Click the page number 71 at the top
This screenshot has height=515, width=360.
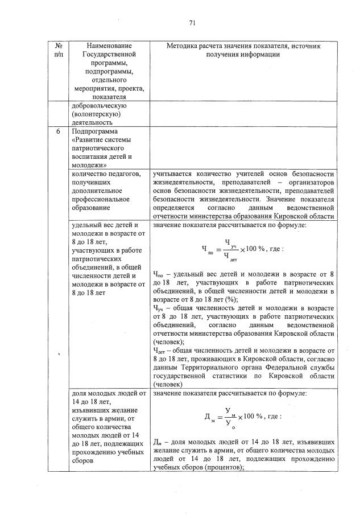(192, 23)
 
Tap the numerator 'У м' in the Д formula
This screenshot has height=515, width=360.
(229, 410)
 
